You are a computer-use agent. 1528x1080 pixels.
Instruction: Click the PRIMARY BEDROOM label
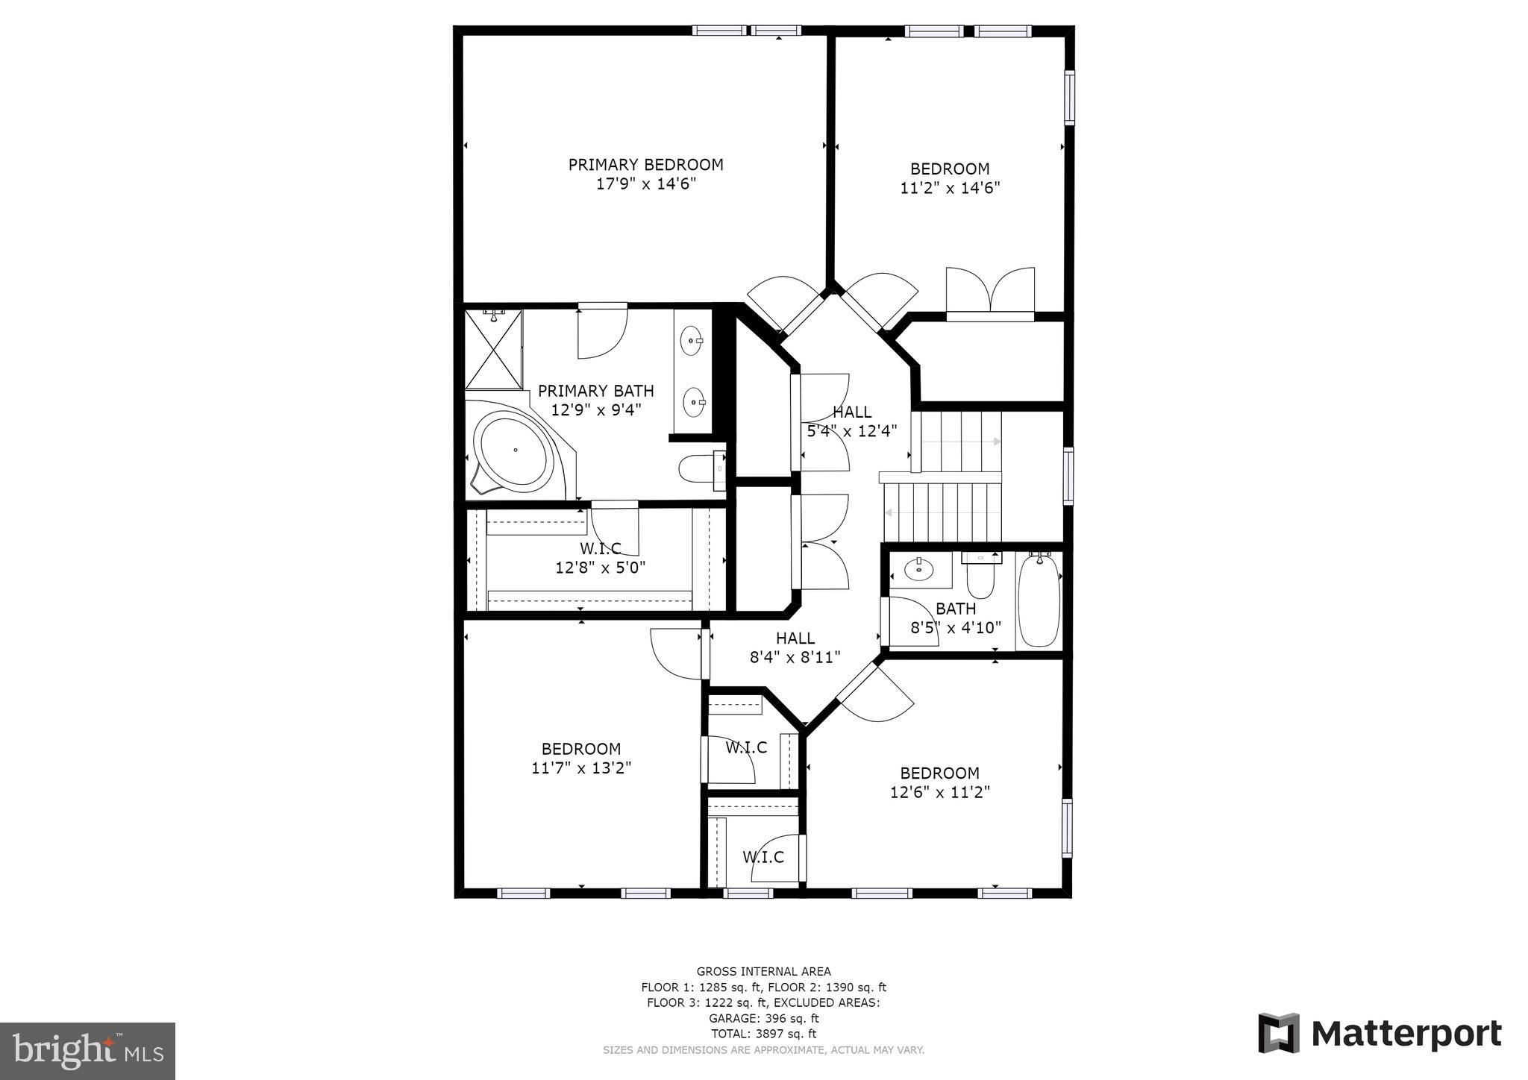click(x=645, y=165)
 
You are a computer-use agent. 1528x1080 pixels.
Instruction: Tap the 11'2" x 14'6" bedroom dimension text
click(x=950, y=188)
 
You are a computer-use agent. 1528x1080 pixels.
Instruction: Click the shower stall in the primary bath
click(x=493, y=349)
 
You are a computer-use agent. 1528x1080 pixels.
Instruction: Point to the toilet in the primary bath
click(x=700, y=469)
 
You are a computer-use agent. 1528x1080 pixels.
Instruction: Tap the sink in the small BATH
click(x=918, y=570)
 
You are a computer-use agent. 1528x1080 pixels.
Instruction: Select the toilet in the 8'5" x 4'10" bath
click(x=980, y=576)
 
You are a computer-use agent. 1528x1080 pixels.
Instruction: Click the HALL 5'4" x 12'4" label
click(x=851, y=421)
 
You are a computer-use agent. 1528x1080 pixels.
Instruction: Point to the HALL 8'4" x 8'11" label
click(x=795, y=647)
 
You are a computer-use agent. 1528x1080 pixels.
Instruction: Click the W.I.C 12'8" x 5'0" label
click(x=600, y=558)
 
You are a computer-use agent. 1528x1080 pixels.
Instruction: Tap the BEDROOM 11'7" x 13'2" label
click(x=581, y=758)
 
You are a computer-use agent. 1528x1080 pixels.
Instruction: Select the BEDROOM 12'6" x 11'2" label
click(x=939, y=782)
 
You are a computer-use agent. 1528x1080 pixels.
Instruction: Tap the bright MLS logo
click(x=87, y=1052)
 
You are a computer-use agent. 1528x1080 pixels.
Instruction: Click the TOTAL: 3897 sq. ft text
click(x=763, y=1034)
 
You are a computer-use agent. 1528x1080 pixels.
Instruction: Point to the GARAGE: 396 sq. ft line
click(x=763, y=1018)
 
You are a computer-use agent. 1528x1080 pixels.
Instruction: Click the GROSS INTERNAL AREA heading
click(x=763, y=971)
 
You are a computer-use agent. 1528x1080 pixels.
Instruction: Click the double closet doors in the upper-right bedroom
click(x=990, y=292)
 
